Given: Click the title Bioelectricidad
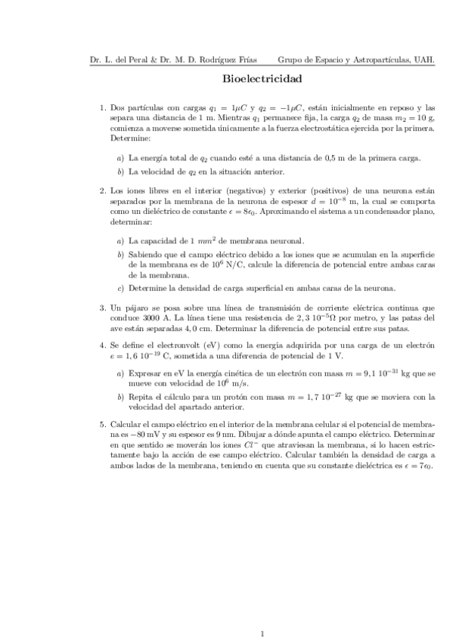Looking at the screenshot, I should pos(263,78).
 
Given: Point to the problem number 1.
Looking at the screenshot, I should pos(102,108).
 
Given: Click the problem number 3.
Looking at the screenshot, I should pos(102,308).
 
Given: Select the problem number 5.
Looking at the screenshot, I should pos(102,424).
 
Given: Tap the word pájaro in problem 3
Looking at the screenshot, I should pos(138,308).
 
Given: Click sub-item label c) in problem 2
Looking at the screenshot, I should pos(121,288).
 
